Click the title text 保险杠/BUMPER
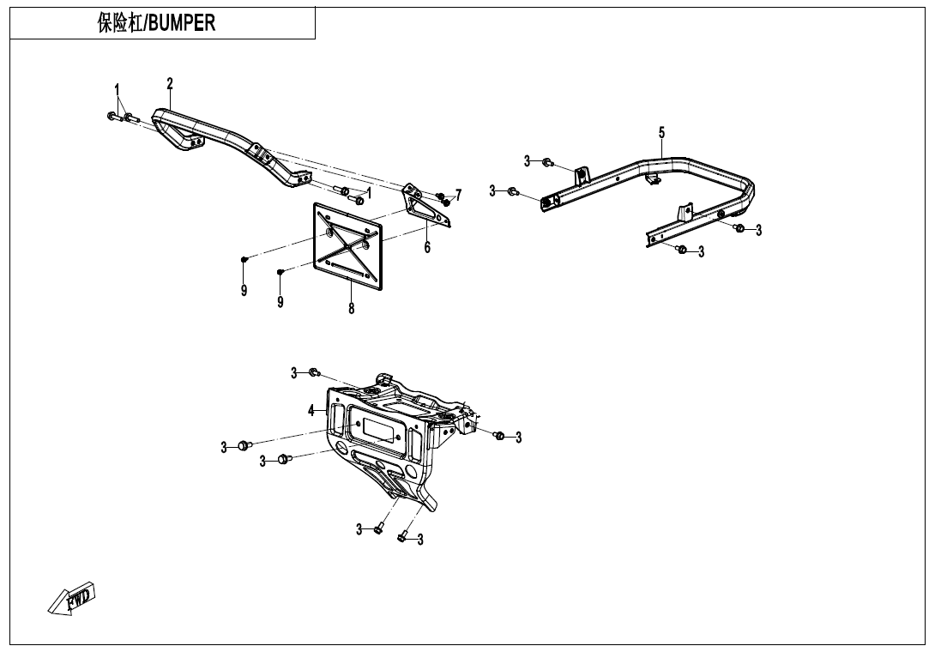pyautogui.click(x=156, y=23)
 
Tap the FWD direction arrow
pyautogui.click(x=72, y=598)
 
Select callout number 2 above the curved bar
pyautogui.click(x=170, y=83)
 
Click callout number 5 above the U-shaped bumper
pyautogui.click(x=661, y=132)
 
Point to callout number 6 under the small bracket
pyautogui.click(x=427, y=248)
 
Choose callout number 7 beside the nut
pyautogui.click(x=458, y=195)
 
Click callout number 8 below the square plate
pyautogui.click(x=351, y=308)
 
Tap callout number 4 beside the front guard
pyautogui.click(x=311, y=411)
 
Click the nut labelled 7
pyautogui.click(x=444, y=201)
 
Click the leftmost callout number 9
pyautogui.click(x=244, y=291)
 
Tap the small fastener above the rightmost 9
pyautogui.click(x=280, y=272)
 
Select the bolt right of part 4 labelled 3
pyautogui.click(x=499, y=436)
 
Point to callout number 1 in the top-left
pyautogui.click(x=118, y=89)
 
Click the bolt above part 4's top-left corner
pyautogui.click(x=314, y=372)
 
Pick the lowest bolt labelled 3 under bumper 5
pyautogui.click(x=681, y=250)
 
